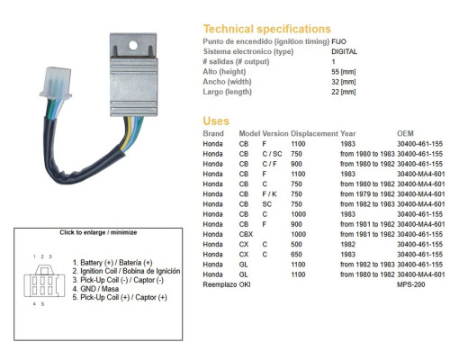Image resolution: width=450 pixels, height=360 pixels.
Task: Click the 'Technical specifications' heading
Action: tap(267, 29)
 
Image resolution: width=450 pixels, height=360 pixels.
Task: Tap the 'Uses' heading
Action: tap(216, 121)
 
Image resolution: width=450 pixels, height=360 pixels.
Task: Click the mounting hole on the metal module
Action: tap(133, 46)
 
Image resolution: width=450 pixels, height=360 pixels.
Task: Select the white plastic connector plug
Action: tap(56, 83)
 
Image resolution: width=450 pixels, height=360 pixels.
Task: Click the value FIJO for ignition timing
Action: tap(338, 41)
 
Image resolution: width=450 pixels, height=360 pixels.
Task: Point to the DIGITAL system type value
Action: tap(344, 51)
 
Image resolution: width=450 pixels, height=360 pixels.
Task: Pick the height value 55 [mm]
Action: tap(344, 72)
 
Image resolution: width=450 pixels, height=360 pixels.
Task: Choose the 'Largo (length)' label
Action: tap(227, 92)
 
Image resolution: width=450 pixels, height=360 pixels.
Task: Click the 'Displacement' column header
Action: tap(314, 133)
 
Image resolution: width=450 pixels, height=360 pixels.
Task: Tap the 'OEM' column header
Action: tap(405, 133)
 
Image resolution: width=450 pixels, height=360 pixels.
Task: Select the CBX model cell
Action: tap(246, 234)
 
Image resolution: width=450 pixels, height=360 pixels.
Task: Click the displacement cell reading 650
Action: tap(296, 255)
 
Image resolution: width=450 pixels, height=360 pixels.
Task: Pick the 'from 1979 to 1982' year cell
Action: tap(367, 194)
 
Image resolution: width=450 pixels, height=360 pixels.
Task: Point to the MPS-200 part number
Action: tap(411, 284)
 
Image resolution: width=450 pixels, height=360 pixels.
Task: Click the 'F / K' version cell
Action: tap(269, 194)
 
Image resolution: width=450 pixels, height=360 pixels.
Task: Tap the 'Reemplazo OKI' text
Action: tap(227, 284)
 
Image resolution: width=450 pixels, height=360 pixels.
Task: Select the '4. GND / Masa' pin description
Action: tap(95, 289)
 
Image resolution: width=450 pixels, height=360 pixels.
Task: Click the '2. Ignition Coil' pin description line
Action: tap(126, 271)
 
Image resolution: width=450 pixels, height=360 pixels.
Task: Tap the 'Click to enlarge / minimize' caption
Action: tap(98, 232)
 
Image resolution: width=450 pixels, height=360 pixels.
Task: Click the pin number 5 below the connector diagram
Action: tap(42, 304)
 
